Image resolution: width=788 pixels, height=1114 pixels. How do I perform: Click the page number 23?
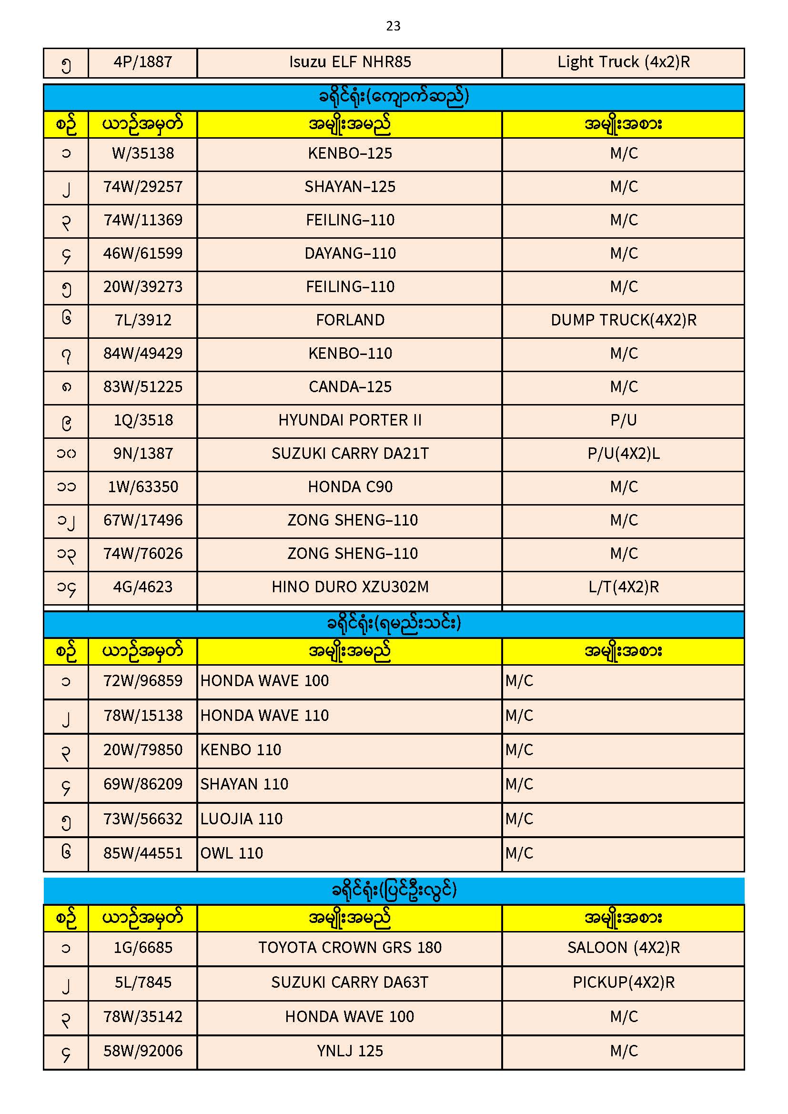pyautogui.click(x=393, y=26)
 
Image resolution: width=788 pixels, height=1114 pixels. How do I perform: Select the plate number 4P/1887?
pyautogui.click(x=142, y=62)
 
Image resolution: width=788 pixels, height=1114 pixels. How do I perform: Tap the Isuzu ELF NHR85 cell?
pyautogui.click(x=350, y=62)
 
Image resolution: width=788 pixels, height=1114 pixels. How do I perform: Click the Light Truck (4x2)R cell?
pyautogui.click(x=624, y=62)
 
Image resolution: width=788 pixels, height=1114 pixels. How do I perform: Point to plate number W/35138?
pyautogui.click(x=142, y=154)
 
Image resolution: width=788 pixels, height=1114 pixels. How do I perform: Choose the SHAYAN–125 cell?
pyautogui.click(x=350, y=187)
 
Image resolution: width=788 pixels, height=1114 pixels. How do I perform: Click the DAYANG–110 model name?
pyautogui.click(x=350, y=253)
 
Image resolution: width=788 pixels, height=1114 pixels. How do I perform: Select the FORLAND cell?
pyautogui.click(x=350, y=320)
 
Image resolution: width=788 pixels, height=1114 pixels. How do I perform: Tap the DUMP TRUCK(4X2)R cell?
pyautogui.click(x=624, y=320)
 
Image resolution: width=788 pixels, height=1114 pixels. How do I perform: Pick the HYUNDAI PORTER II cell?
pyautogui.click(x=350, y=420)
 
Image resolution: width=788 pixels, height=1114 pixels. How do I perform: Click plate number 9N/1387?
pyautogui.click(x=142, y=454)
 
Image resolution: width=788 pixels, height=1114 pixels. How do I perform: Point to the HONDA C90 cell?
pyautogui.click(x=350, y=486)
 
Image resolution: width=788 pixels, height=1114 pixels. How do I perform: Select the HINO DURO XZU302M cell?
pyautogui.click(x=350, y=587)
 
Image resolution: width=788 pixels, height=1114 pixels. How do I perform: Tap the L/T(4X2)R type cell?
pyautogui.click(x=624, y=587)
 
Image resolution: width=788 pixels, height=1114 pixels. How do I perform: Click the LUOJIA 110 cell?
pyautogui.click(x=241, y=819)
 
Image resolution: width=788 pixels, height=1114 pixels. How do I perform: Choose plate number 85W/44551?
pyautogui.click(x=142, y=853)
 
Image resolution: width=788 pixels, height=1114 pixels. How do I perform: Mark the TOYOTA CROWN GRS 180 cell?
pyautogui.click(x=350, y=948)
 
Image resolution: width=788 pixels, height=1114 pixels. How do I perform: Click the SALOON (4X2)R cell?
pyautogui.click(x=624, y=948)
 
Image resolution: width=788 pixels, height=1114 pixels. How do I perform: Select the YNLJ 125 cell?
pyautogui.click(x=350, y=1051)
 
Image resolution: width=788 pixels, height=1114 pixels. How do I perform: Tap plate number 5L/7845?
pyautogui.click(x=142, y=982)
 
